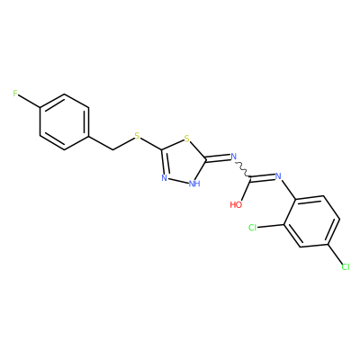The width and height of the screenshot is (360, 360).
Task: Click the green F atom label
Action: pos(15,94)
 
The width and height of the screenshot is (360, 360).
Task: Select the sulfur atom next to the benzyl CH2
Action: pos(137,136)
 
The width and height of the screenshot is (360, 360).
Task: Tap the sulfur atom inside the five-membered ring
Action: pos(187,139)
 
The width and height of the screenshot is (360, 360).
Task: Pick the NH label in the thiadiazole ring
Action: pos(194,184)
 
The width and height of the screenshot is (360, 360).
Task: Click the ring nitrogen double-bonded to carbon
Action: pos(164,178)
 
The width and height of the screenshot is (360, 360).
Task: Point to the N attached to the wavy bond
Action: pos(234,157)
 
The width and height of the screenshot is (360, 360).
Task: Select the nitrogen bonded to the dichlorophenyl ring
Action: pos(278,176)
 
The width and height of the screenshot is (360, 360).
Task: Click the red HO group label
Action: pos(236,205)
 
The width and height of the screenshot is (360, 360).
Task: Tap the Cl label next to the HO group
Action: pos(253,228)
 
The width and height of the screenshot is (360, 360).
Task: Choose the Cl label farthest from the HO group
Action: pos(346,266)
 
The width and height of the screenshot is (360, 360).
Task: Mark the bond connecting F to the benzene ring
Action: pos(30,102)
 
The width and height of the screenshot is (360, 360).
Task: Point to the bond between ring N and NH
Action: pos(178,180)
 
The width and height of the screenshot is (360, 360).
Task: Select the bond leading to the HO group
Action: pos(246,190)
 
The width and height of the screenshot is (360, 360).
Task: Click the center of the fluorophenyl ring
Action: pos(65,122)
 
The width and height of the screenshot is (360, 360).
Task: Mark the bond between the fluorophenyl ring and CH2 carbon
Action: pos(101,143)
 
